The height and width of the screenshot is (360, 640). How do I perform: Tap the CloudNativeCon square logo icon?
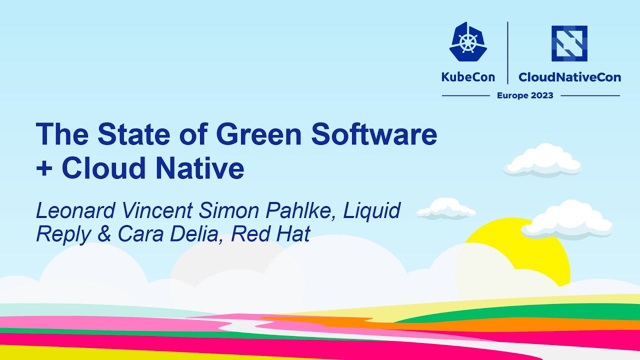tap(569, 43)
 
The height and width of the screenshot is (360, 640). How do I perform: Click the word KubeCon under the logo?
tap(468, 77)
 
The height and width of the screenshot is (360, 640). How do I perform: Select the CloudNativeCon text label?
tap(569, 77)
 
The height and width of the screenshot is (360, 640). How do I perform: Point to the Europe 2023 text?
tap(525, 95)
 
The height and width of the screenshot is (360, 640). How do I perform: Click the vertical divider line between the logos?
tap(507, 52)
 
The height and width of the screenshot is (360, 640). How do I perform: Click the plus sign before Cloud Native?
tap(44, 169)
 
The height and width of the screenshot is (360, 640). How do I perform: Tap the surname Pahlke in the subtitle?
tap(307, 211)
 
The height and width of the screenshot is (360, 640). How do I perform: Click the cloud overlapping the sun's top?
tap(567, 220)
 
